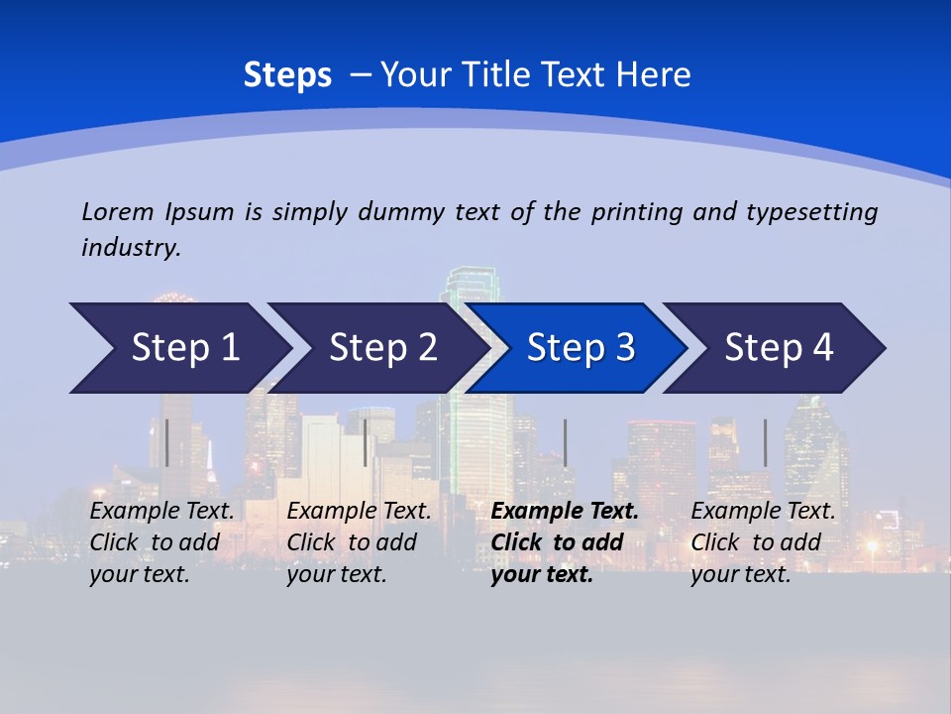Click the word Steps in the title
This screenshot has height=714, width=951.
pyautogui.click(x=287, y=75)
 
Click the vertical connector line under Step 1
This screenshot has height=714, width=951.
pyautogui.click(x=167, y=442)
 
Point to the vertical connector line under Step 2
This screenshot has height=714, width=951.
pyautogui.click(x=366, y=442)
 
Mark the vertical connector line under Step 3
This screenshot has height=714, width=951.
pyautogui.click(x=566, y=442)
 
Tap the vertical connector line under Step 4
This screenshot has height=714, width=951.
pyautogui.click(x=765, y=442)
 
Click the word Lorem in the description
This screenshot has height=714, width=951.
pyautogui.click(x=118, y=212)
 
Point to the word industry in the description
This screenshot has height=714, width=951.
pyautogui.click(x=131, y=247)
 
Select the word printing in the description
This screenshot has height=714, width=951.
pyautogui.click(x=637, y=212)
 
